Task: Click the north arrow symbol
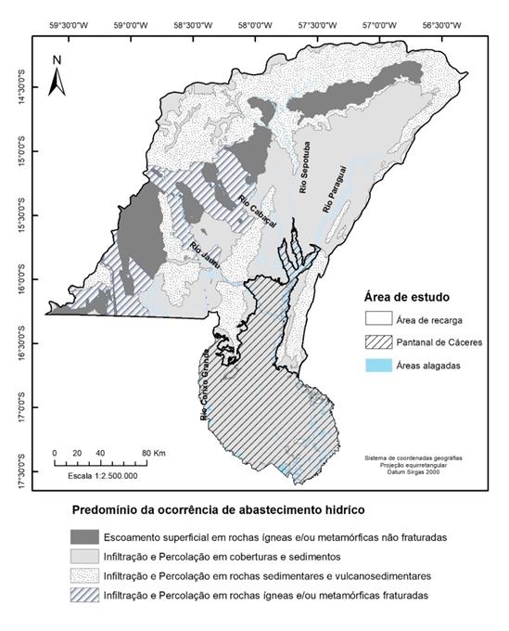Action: coord(57,75)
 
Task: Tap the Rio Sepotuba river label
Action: coord(303,169)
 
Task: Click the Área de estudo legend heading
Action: coord(404,297)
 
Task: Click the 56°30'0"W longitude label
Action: coord(439,27)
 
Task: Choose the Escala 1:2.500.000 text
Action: coord(101,474)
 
